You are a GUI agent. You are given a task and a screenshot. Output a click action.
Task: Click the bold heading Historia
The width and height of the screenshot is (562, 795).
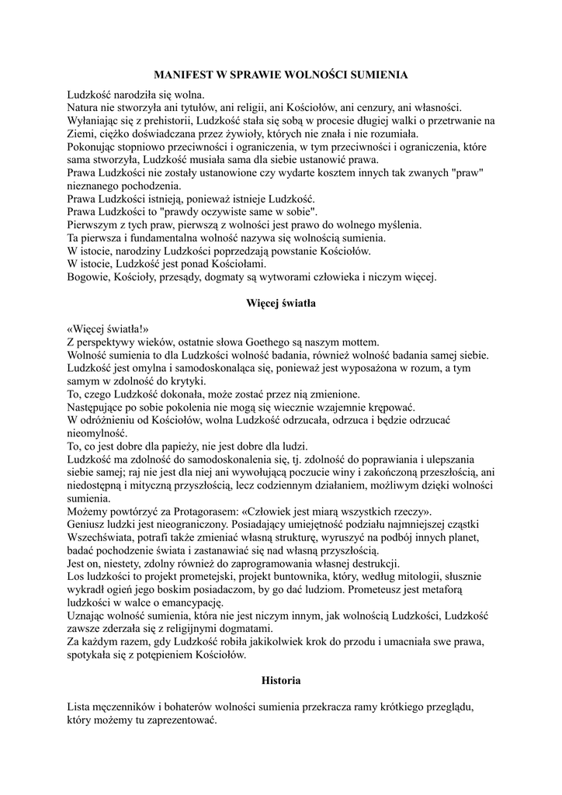[x=280, y=680]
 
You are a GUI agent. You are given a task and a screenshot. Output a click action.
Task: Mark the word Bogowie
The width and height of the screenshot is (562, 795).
[x=88, y=276]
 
